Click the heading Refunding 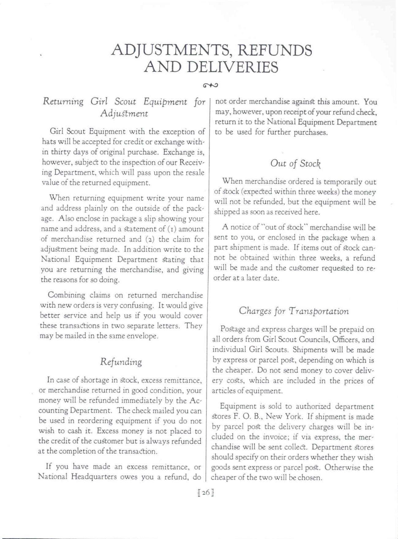click(x=121, y=362)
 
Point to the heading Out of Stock click(x=295, y=163)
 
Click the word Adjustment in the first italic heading click(x=124, y=113)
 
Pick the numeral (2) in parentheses click(x=150, y=239)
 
